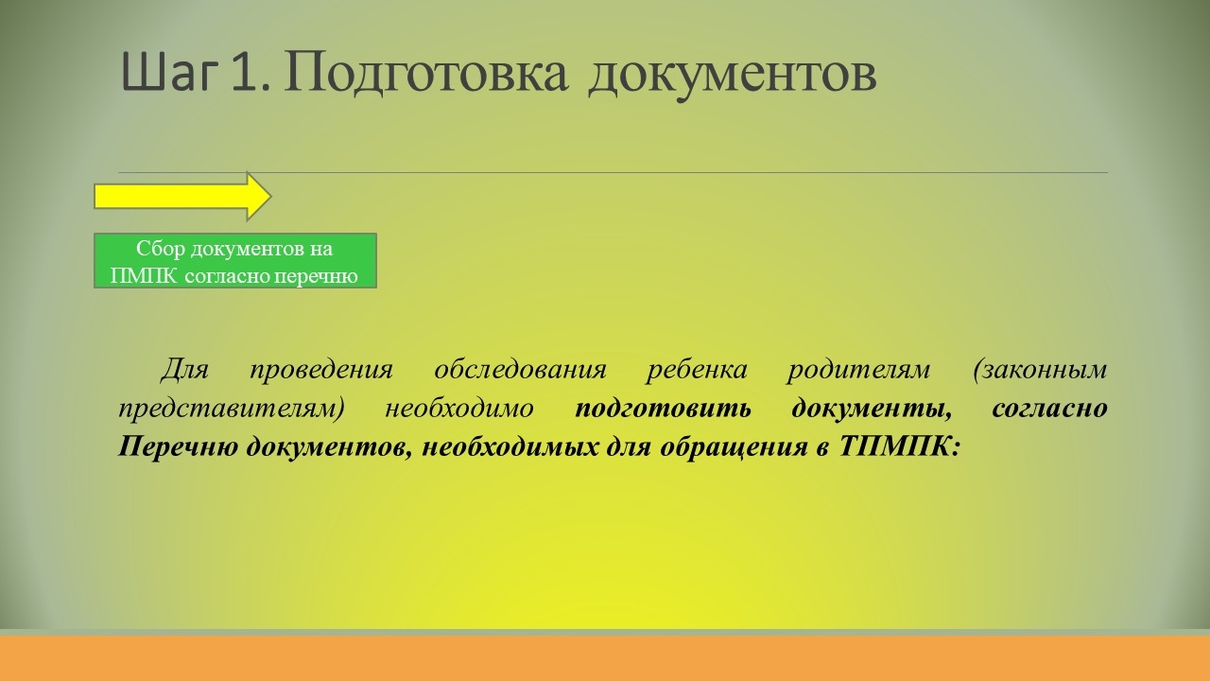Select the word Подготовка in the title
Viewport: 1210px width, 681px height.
426,74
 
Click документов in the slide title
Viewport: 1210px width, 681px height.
732,77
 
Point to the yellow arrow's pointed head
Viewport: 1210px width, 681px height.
270,197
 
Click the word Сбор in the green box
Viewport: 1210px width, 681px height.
161,249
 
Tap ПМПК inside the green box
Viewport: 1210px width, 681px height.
143,276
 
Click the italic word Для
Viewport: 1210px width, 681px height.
184,370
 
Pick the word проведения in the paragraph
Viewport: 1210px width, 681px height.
321,371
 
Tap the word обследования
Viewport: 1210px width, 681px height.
521,370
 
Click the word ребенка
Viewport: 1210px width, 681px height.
697,370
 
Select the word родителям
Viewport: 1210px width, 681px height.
858,371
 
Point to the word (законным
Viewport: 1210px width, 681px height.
1040,370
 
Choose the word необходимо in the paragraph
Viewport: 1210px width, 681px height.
459,408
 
